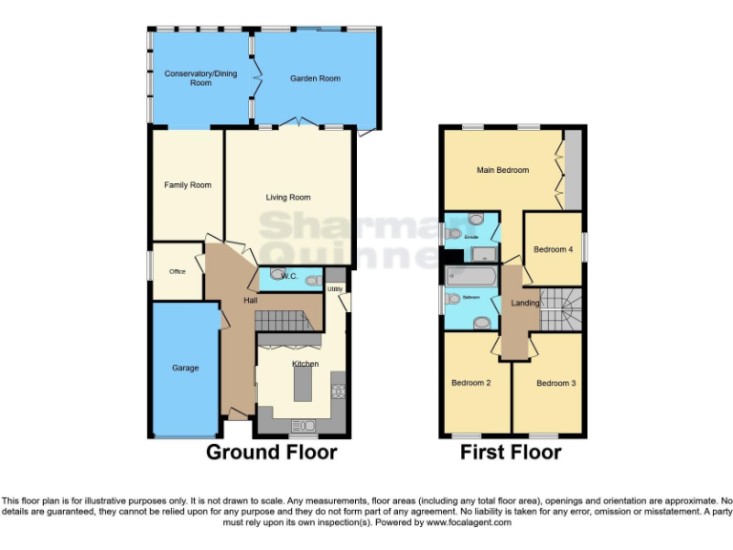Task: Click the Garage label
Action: (x=185, y=368)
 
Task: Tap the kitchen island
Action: (x=303, y=383)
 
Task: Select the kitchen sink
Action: (x=304, y=425)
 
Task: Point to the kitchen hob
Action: (x=337, y=391)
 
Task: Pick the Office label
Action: (x=177, y=271)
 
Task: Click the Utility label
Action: (x=335, y=288)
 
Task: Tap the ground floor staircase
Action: (x=286, y=321)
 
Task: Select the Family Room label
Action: (x=187, y=185)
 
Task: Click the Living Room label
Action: (x=288, y=198)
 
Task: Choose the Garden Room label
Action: (x=315, y=78)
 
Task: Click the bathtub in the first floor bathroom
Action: (x=471, y=277)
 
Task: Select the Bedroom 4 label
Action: (x=553, y=250)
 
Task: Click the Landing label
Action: (x=526, y=303)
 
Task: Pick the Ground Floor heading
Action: (x=272, y=452)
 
